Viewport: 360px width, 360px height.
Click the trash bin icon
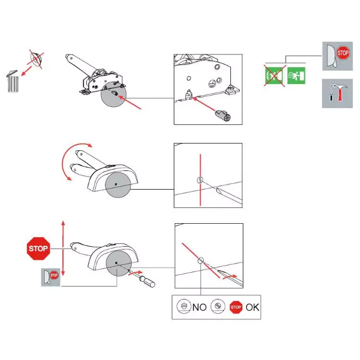tap(12, 81)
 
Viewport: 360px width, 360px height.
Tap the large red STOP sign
tap(39, 248)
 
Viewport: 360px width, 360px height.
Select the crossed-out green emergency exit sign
tap(274, 76)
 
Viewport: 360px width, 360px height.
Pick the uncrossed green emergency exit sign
tap(296, 76)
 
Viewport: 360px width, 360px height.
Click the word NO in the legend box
tap(200, 307)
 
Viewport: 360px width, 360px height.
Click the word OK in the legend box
tap(253, 307)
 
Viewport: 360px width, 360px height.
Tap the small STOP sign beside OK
tap(236, 307)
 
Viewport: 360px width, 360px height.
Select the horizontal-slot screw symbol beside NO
tap(184, 306)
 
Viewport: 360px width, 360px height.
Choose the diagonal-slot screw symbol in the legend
tap(218, 306)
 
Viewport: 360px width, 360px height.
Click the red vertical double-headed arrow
tap(63, 248)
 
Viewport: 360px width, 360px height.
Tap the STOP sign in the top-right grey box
tap(343, 53)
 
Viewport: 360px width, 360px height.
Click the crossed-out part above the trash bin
tap(36, 59)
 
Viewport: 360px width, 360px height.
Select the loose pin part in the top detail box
tap(223, 115)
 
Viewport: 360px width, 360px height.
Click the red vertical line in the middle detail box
tap(201, 180)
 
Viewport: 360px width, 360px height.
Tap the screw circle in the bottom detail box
tap(201, 260)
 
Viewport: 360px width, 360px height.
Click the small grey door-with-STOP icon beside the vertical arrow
tap(50, 277)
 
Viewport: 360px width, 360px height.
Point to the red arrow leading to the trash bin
tap(26, 71)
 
